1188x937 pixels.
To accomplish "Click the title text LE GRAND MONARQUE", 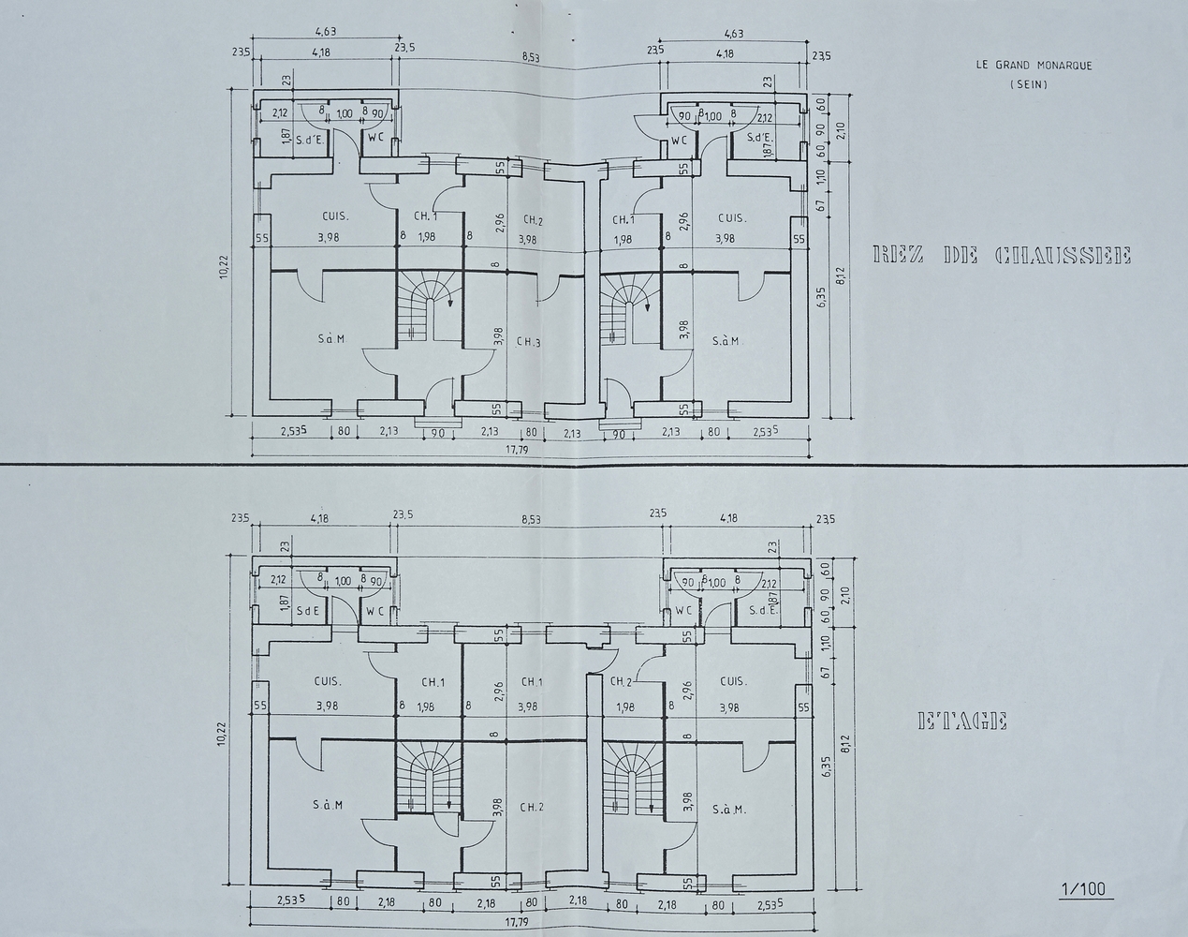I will click(x=1034, y=66).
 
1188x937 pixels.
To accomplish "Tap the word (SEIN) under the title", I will click(x=1030, y=84).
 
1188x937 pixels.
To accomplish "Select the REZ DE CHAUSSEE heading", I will click(x=1001, y=255).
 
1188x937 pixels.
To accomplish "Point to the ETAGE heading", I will click(x=962, y=721).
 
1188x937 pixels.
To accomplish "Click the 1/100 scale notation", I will click(x=1081, y=888).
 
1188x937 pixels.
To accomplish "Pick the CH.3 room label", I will click(x=529, y=342).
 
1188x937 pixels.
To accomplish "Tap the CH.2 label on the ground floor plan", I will click(x=533, y=220).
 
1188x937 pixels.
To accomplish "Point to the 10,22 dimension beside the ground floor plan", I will click(x=225, y=267).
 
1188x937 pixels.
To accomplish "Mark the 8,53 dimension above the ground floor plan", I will click(x=531, y=58).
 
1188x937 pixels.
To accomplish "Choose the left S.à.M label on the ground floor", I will click(x=330, y=338).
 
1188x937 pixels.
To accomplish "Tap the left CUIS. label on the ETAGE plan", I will click(x=328, y=682).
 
